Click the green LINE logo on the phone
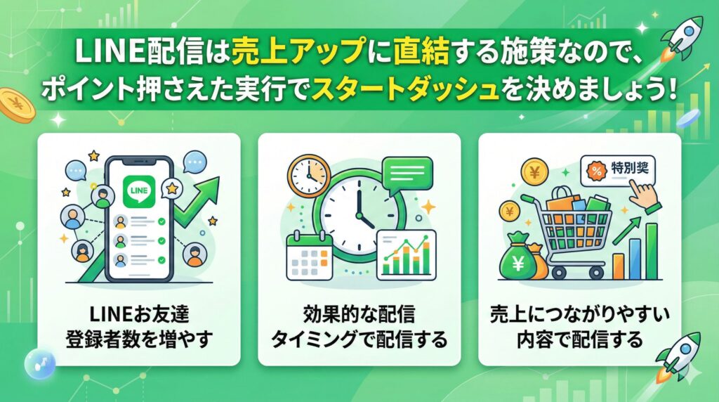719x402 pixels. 138,193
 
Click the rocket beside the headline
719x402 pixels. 685,37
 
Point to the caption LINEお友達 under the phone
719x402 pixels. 138,315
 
